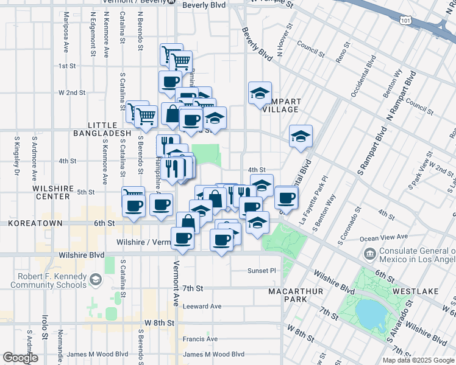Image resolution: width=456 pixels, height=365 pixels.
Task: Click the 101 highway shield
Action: click(x=405, y=21)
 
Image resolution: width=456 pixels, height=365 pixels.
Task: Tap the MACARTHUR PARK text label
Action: click(x=291, y=296)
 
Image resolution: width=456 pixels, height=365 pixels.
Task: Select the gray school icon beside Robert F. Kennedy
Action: click(x=95, y=279)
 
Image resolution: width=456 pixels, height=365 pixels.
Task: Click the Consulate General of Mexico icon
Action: click(x=369, y=252)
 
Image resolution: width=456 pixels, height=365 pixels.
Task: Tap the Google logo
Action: click(x=21, y=358)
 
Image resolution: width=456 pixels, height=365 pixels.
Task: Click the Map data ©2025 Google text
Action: click(x=418, y=360)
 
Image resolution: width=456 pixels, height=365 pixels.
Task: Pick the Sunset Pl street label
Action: click(x=262, y=270)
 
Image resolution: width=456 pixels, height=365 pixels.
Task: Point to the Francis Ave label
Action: click(x=200, y=339)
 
